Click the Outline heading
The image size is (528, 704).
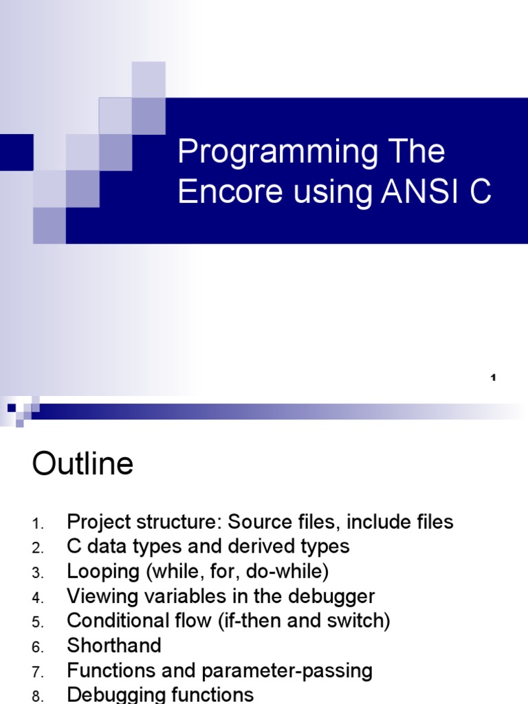(x=82, y=464)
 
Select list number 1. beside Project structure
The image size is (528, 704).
(x=38, y=524)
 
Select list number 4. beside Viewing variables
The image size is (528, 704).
(x=38, y=598)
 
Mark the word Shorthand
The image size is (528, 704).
(x=114, y=646)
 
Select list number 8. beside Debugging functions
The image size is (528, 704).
(x=38, y=696)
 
